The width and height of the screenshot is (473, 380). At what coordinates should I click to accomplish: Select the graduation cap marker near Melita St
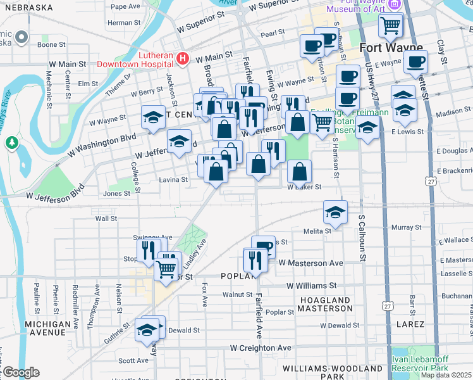click(x=335, y=213)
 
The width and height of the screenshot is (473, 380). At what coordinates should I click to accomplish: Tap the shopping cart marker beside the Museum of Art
click(x=391, y=26)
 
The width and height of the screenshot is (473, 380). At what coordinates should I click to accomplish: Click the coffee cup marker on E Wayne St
click(x=415, y=62)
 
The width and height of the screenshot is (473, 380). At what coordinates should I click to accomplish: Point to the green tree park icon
click(x=11, y=142)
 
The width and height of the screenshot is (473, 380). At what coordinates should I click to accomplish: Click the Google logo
click(x=20, y=372)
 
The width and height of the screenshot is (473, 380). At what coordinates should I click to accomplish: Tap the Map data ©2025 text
click(x=446, y=375)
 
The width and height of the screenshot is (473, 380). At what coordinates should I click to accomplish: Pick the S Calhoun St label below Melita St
click(x=362, y=238)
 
